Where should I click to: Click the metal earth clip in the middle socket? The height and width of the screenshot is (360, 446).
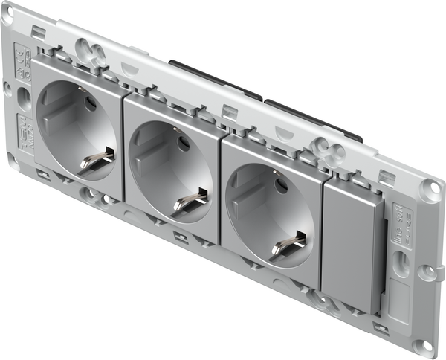[x=190, y=199]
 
